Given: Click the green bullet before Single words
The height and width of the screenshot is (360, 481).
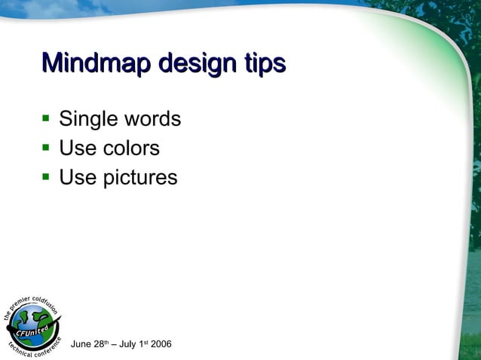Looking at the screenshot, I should [x=45, y=119].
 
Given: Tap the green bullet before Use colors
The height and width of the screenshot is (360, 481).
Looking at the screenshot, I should [x=45, y=148].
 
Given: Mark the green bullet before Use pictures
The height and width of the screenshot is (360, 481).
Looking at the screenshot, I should [x=45, y=177].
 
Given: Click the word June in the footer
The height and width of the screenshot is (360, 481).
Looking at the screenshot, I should [x=81, y=345].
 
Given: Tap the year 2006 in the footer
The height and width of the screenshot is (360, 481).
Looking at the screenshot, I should [x=161, y=345].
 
